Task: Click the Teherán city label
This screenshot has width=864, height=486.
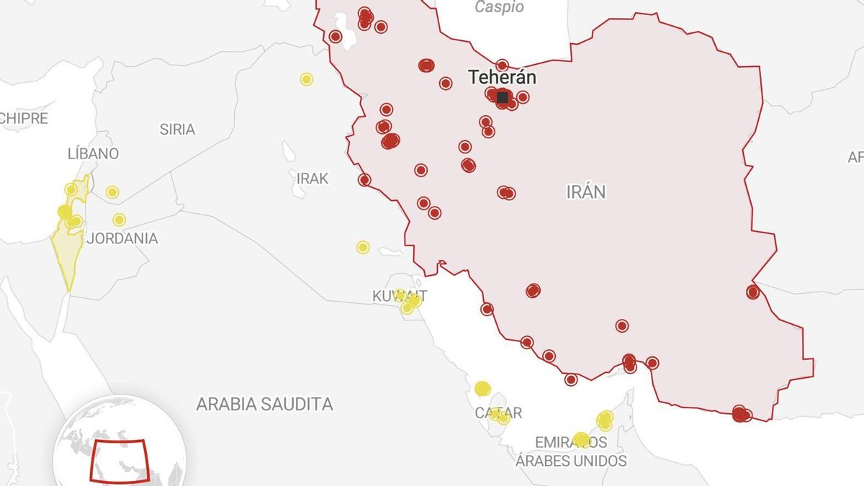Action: point(502,77)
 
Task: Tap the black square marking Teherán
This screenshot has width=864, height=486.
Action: point(503,96)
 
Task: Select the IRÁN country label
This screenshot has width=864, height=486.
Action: point(586,192)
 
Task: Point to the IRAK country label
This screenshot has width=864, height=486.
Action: point(312,179)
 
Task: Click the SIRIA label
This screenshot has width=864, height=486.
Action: point(177,130)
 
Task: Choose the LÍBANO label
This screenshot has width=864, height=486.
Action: point(93,153)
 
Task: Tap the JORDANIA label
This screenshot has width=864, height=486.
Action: point(122,238)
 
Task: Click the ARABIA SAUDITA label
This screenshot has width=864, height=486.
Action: point(264,404)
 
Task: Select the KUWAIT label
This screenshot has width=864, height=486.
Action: point(400,296)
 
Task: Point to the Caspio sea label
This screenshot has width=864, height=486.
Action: point(500,8)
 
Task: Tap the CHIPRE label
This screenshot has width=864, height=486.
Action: point(23,119)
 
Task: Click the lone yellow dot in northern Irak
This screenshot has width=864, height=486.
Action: point(307,79)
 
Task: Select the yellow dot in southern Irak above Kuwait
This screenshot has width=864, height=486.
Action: point(363,247)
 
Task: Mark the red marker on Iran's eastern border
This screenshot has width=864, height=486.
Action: point(752,292)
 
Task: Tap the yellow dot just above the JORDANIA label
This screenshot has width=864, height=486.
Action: point(119,220)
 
